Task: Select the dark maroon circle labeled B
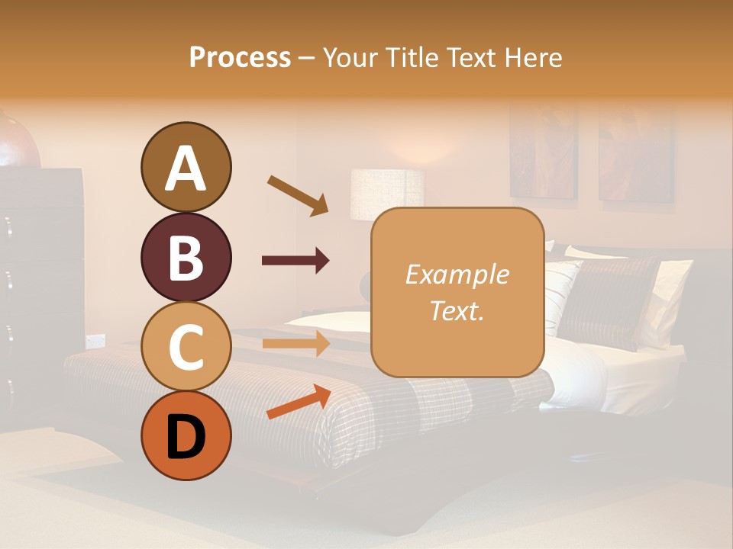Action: (186, 257)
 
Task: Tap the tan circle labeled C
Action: (186, 346)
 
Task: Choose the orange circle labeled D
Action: (186, 435)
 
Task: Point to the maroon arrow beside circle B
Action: (295, 261)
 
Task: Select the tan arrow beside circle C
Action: (295, 343)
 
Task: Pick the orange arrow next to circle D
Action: (298, 402)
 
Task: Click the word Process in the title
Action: (240, 58)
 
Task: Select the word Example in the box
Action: (457, 274)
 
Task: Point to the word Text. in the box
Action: (457, 310)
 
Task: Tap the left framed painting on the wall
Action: (544, 152)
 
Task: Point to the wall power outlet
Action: (95, 340)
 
